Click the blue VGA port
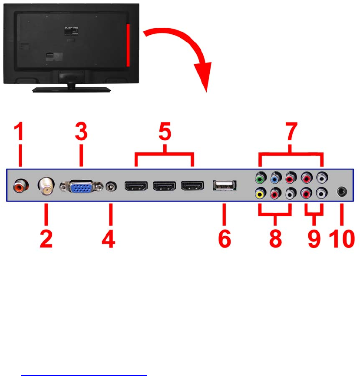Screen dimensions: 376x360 [82, 187]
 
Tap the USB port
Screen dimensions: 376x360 [224, 186]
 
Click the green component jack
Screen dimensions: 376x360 [260, 178]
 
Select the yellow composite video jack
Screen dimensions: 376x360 [260, 194]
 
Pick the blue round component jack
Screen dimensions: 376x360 [275, 178]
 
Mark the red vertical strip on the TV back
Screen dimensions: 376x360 [128, 45]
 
